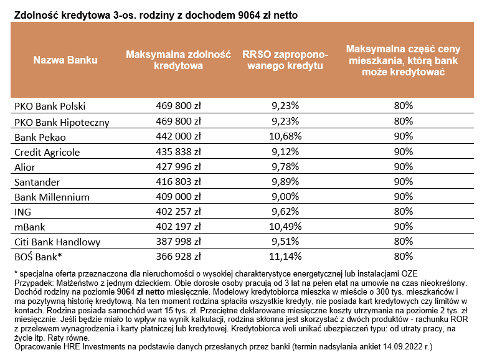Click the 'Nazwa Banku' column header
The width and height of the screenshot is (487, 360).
click(x=65, y=60)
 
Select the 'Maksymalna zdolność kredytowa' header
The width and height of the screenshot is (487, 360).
click(x=178, y=60)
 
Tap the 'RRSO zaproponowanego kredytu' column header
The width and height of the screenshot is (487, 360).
click(x=282, y=60)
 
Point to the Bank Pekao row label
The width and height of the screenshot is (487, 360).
click(x=40, y=136)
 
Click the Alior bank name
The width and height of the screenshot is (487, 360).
click(x=25, y=166)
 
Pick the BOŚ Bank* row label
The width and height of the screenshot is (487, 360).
click(x=38, y=256)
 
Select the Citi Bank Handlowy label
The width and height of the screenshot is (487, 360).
click(x=54, y=241)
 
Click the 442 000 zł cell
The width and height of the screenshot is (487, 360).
click(x=178, y=136)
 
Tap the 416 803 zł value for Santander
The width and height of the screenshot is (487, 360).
click(x=178, y=181)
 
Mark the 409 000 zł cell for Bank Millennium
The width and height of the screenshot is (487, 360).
click(x=178, y=196)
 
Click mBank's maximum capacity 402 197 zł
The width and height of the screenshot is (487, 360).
click(x=178, y=226)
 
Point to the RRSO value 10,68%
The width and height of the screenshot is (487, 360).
click(x=286, y=136)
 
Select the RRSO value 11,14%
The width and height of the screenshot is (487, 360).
click(x=286, y=256)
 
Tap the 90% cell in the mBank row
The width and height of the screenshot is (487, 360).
click(x=404, y=226)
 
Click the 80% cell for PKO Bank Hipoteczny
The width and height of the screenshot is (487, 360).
click(x=404, y=121)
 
